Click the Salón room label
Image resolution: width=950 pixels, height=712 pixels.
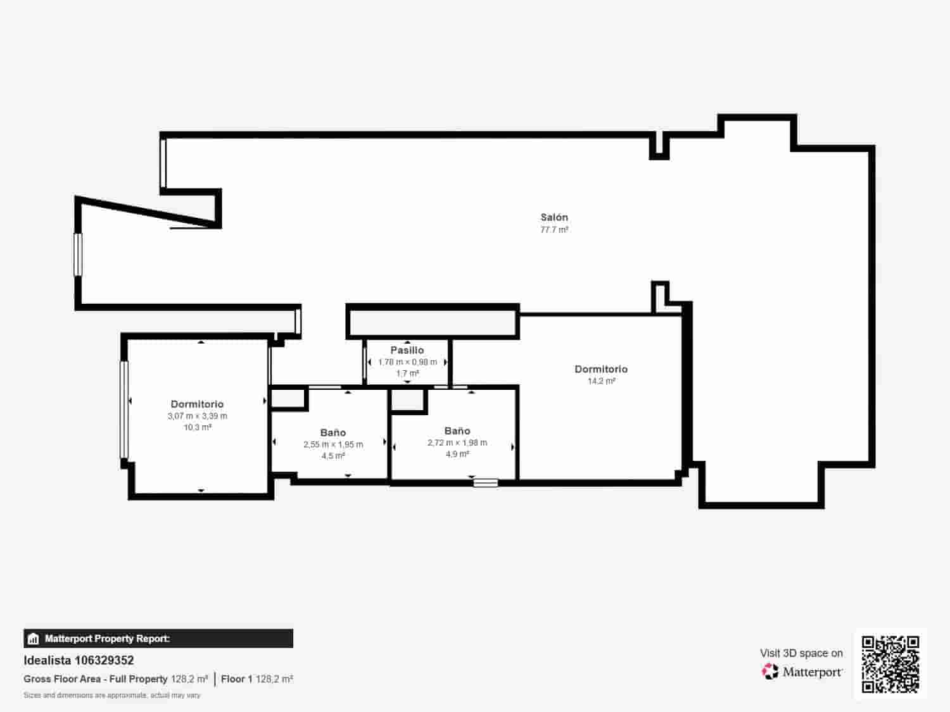(x=554, y=217)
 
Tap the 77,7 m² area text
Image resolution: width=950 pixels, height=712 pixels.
(x=554, y=230)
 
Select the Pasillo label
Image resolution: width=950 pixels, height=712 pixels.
(x=407, y=350)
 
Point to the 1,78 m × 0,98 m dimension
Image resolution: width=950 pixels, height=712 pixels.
(x=407, y=362)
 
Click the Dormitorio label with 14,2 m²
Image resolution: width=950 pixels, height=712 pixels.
(x=601, y=369)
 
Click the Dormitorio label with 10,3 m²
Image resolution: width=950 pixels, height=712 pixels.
(x=197, y=404)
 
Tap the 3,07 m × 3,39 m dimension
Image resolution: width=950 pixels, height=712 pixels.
(x=197, y=416)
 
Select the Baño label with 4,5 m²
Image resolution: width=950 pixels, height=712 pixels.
(x=333, y=433)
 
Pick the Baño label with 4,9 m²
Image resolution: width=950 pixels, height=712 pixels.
(x=457, y=431)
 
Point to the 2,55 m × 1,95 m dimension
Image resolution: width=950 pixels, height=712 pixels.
(x=333, y=444)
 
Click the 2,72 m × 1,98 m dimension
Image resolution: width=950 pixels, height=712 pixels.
(x=457, y=443)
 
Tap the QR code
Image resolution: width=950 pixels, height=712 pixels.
(x=890, y=664)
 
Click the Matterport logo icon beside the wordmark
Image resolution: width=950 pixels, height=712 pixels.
(x=770, y=671)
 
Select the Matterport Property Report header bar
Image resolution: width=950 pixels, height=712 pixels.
(x=158, y=639)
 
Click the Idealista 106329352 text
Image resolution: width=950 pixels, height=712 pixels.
(x=79, y=660)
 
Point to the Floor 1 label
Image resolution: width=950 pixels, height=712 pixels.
(x=236, y=679)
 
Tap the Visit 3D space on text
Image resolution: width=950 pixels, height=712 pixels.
(x=801, y=653)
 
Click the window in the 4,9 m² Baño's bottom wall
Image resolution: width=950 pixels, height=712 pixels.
(x=486, y=483)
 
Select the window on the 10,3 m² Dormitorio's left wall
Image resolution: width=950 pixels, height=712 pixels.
(x=124, y=409)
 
